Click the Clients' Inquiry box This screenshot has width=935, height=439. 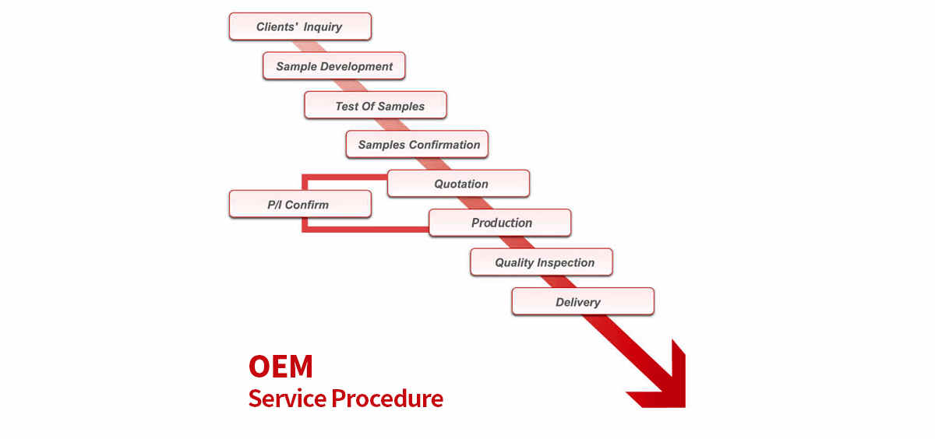(300, 26)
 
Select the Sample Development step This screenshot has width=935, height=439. (334, 66)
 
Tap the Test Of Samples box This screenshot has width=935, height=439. (376, 105)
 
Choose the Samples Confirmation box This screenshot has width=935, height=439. (417, 144)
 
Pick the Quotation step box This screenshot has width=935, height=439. (458, 184)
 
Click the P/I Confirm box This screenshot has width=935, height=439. (300, 204)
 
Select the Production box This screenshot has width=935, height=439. (500, 223)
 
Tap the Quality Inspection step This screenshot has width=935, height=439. (542, 262)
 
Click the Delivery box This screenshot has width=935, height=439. (583, 301)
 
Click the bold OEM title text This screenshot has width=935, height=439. (280, 367)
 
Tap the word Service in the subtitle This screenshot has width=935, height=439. (288, 399)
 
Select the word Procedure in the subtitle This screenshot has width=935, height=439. (387, 399)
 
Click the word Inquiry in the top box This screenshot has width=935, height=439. (323, 27)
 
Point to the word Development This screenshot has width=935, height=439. (357, 67)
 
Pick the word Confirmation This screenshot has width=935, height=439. (445, 145)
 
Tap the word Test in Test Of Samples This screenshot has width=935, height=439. (347, 107)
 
